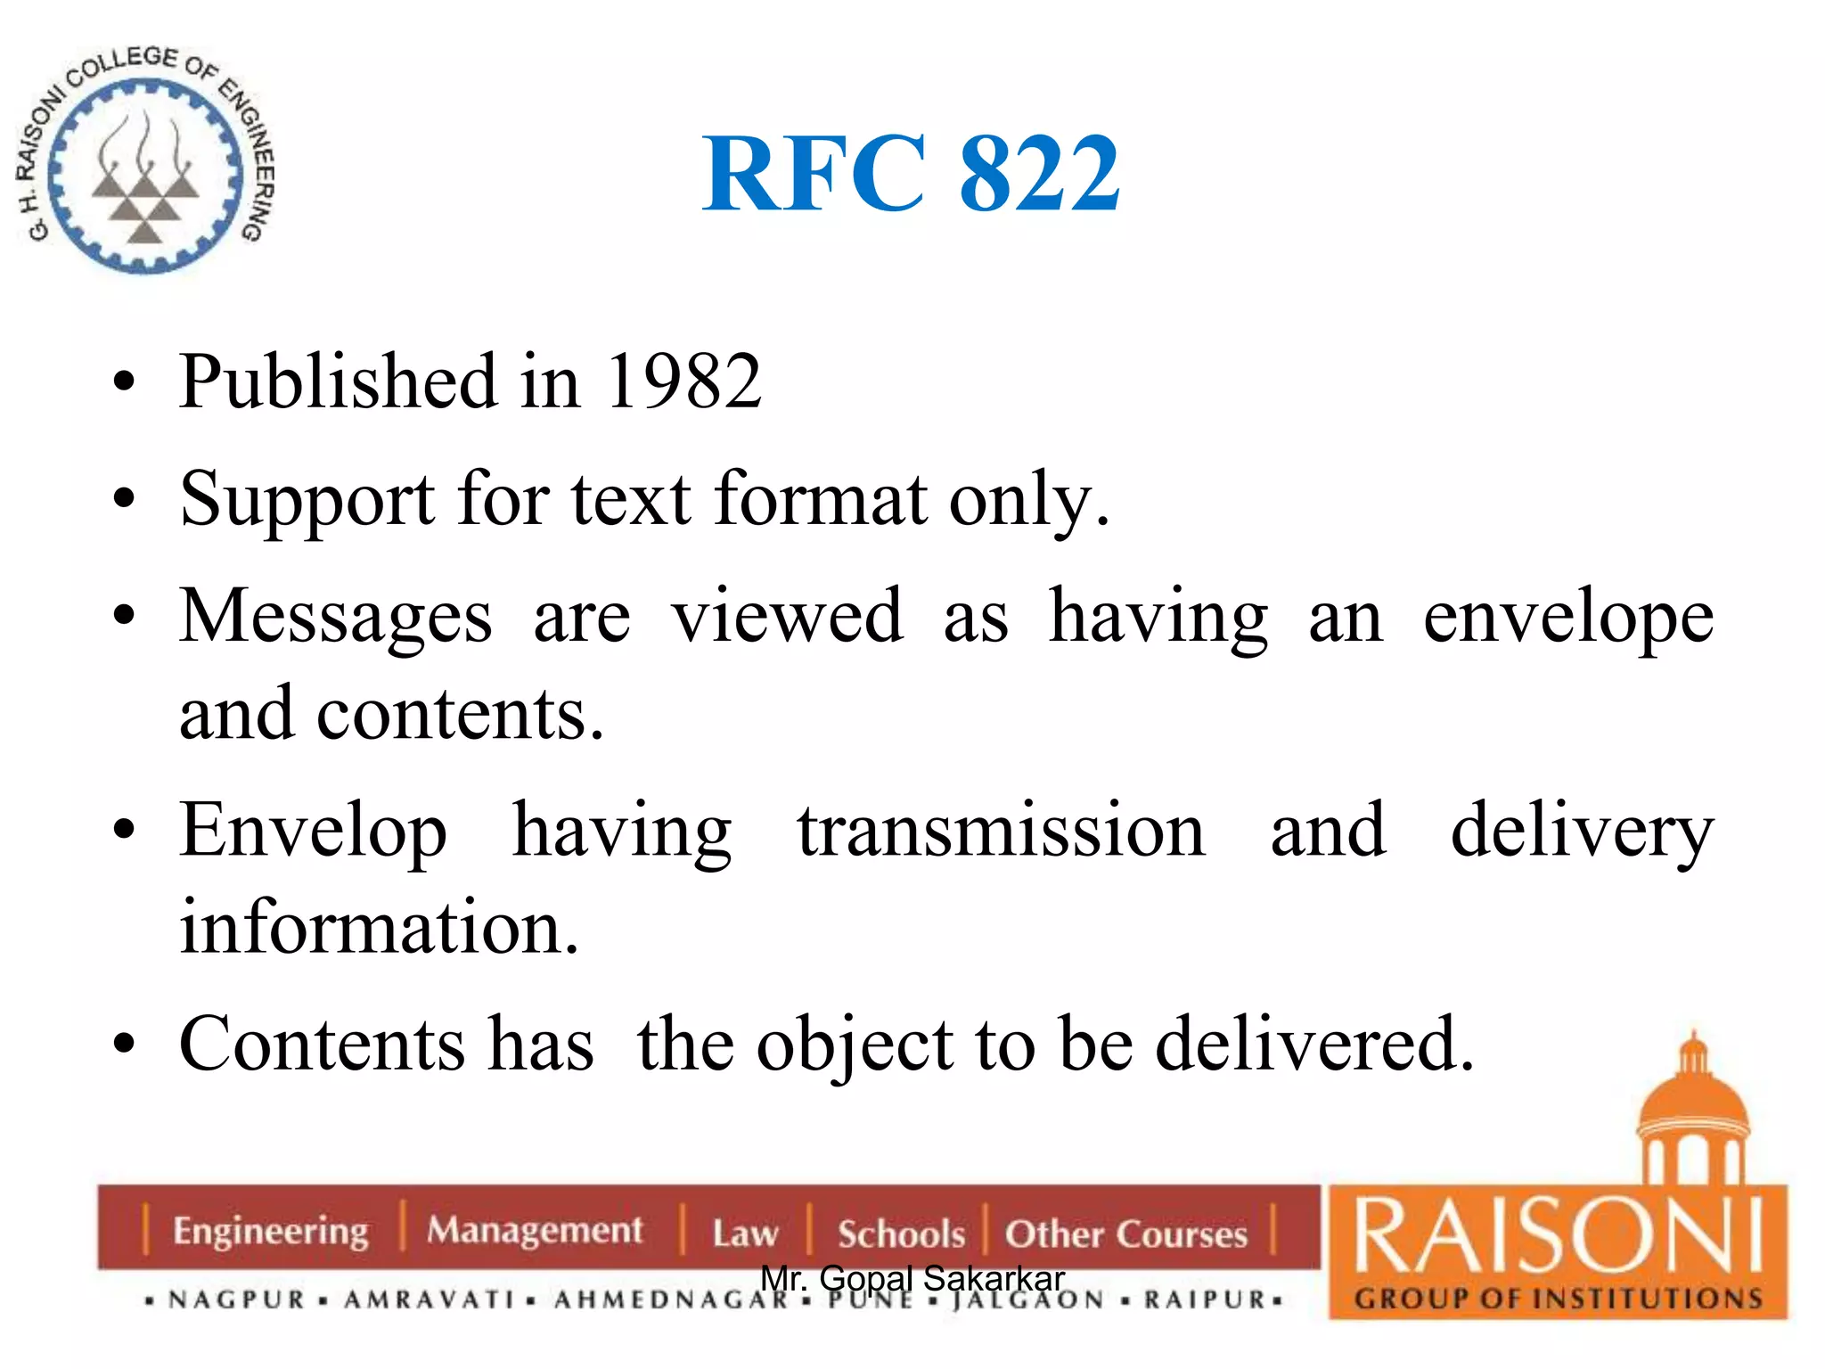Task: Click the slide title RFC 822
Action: click(x=911, y=174)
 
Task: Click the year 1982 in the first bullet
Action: click(x=683, y=381)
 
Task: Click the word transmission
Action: click(x=1001, y=831)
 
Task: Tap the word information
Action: click(x=380, y=928)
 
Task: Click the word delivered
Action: click(x=1314, y=1044)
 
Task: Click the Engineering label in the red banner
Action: click(x=270, y=1231)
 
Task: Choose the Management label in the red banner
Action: click(x=534, y=1231)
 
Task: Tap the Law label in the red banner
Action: click(x=745, y=1234)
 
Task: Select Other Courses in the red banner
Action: click(x=1126, y=1234)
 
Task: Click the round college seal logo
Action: click(x=145, y=161)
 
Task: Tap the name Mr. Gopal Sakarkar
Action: click(x=912, y=1278)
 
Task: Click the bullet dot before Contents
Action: click(x=124, y=1044)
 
